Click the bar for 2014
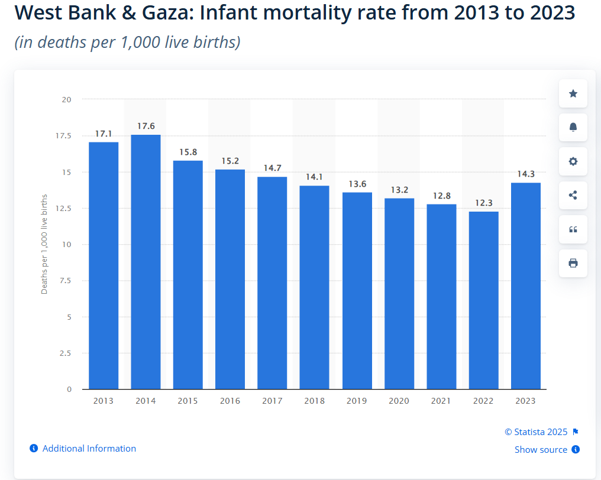pos(146,262)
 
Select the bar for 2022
pos(483,300)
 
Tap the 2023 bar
pos(525,286)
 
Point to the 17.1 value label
pos(104,134)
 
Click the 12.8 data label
pos(441,196)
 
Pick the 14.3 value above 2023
pos(525,174)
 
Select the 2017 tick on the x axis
pos(272,401)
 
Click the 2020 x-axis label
pos(399,401)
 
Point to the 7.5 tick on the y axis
pos(66,281)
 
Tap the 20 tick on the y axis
pos(67,99)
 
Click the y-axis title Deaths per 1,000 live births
pos(44,244)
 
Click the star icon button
pos(573,93)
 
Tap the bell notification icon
pos(573,127)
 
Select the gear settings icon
pos(573,161)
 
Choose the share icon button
pos(573,195)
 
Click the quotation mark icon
pos(573,229)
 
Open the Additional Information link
pos(89,449)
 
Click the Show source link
pos(541,450)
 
